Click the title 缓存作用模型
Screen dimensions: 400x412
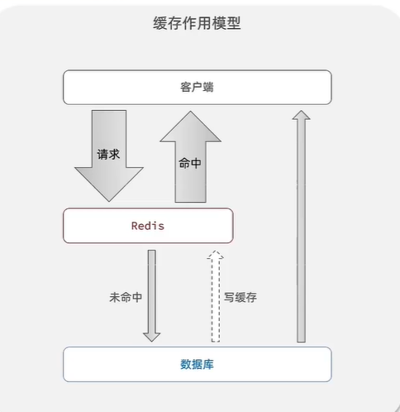[197, 23]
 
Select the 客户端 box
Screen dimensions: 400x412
[198, 88]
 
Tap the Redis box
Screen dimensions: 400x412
[148, 226]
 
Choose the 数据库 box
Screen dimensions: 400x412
[198, 364]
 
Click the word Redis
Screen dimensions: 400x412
[148, 226]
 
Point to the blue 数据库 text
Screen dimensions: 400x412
[197, 364]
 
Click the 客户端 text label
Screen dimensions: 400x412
[197, 87]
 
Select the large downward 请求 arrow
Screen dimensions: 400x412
[109, 156]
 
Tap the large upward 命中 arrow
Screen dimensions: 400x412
[191, 156]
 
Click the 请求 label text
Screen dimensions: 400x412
[108, 155]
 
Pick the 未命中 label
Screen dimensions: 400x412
[126, 297]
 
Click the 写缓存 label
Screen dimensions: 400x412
[240, 297]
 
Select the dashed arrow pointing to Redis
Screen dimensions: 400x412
[216, 296]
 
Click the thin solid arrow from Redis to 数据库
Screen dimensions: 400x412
[152, 296]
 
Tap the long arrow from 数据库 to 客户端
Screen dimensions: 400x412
[302, 226]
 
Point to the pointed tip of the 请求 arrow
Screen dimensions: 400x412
[109, 202]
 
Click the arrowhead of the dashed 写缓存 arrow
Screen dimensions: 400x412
[216, 254]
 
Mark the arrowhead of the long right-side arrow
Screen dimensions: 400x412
[302, 114]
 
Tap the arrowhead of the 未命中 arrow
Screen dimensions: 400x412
[152, 338]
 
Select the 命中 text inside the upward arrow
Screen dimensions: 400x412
[190, 163]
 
